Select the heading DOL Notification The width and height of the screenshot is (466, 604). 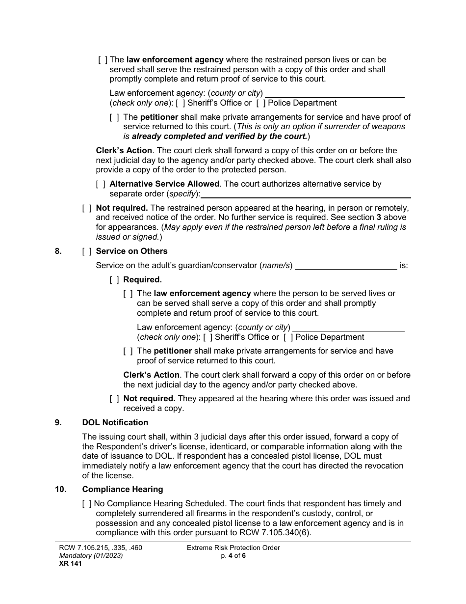(115, 422)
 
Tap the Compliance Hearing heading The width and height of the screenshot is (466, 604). (123, 489)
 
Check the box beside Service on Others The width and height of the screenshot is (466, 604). (87, 251)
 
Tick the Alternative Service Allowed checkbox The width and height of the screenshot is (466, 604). (101, 184)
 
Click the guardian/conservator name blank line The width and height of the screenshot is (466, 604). (346, 266)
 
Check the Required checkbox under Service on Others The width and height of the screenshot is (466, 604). (114, 280)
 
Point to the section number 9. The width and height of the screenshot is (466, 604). (58, 422)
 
